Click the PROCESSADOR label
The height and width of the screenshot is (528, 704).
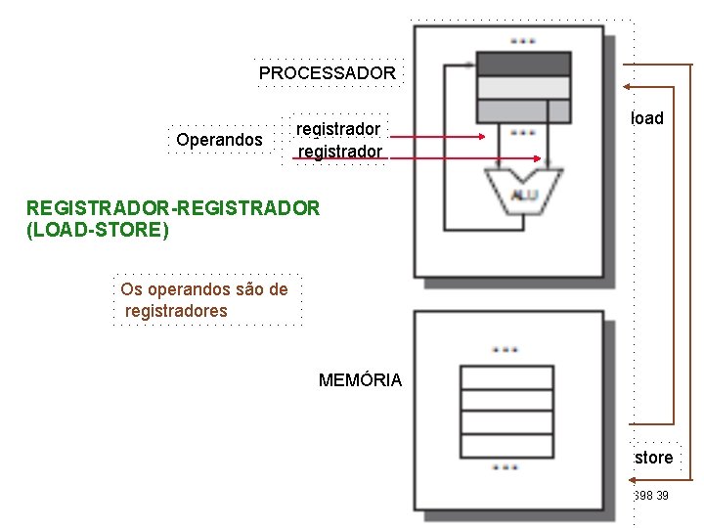(x=327, y=73)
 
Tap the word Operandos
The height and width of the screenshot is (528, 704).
(x=219, y=140)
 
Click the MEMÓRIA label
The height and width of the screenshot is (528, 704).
(x=360, y=380)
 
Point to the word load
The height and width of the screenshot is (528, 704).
(x=646, y=118)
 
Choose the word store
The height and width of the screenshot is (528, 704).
(x=653, y=458)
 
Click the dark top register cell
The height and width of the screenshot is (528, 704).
(x=523, y=64)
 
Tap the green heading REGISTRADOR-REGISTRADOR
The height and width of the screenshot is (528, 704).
(x=172, y=207)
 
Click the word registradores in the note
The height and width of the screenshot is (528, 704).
(x=176, y=311)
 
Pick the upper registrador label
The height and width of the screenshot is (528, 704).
(x=337, y=129)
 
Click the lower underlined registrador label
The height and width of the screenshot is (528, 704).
(x=339, y=152)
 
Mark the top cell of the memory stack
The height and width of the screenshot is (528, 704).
(x=506, y=376)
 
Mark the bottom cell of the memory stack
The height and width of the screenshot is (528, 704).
(x=506, y=446)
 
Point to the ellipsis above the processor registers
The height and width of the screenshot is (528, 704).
(x=522, y=41)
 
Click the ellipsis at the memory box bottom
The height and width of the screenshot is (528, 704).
(x=506, y=467)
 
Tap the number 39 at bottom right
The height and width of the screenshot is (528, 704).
(x=663, y=497)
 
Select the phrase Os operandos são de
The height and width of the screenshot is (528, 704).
(x=203, y=289)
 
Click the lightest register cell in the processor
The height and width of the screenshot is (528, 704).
(x=523, y=87)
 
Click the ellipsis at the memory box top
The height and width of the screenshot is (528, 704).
(x=506, y=349)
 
